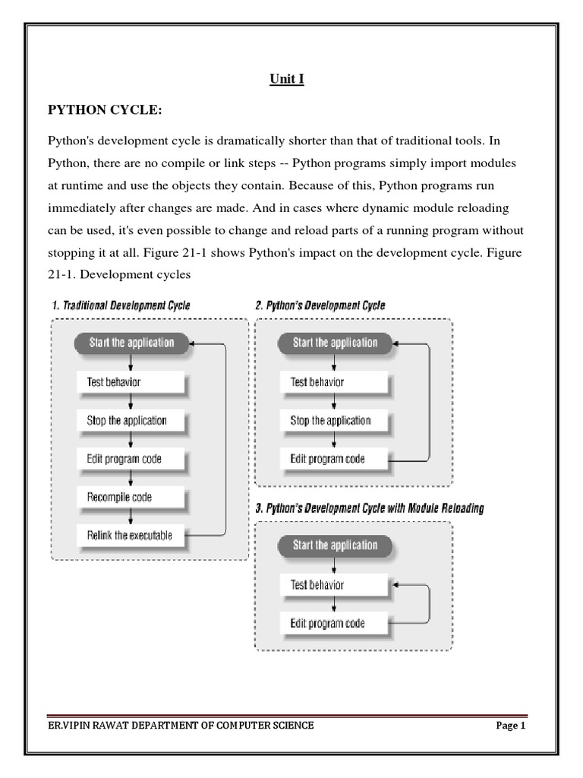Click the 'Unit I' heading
[288, 79]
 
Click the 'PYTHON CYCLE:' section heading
[105, 111]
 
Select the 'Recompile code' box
[131, 497]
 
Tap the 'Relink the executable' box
[131, 535]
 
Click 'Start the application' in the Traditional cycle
[132, 343]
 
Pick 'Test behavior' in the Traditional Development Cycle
[131, 381]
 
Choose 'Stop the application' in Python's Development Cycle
[334, 420]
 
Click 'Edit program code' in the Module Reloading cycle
[334, 623]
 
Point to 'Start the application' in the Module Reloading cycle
[335, 546]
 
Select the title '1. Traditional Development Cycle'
[121, 305]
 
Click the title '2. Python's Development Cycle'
[320, 305]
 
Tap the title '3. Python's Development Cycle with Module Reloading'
[370, 508]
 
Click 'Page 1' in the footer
[511, 726]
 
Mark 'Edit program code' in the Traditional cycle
[131, 458]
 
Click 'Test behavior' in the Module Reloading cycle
[334, 585]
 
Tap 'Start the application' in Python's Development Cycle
[335, 343]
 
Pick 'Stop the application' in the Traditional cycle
[131, 420]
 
